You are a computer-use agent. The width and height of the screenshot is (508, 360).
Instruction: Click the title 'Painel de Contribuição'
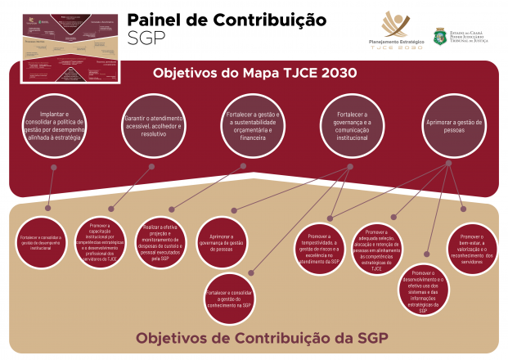(226, 20)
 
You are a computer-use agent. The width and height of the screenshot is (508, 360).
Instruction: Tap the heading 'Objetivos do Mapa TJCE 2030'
(254, 73)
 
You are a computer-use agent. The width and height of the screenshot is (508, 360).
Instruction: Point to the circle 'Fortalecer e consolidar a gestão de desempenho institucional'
(42, 241)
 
